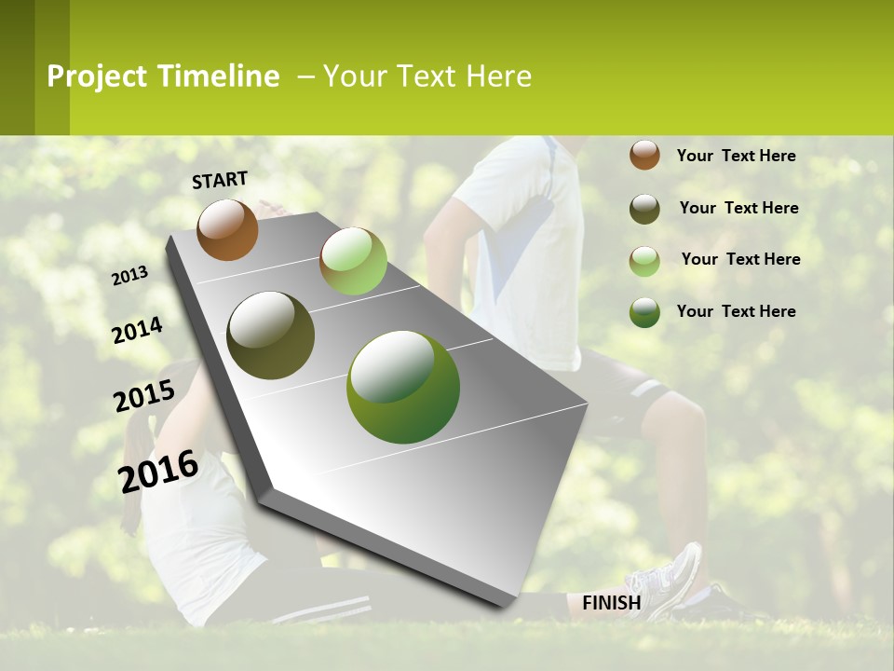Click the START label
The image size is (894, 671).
pyautogui.click(x=220, y=180)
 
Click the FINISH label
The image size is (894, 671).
pyautogui.click(x=611, y=603)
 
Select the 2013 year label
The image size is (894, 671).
pyautogui.click(x=130, y=275)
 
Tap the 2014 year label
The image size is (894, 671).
pyautogui.click(x=138, y=330)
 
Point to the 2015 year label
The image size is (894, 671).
pyautogui.click(x=144, y=396)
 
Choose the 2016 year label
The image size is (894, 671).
pyautogui.click(x=158, y=471)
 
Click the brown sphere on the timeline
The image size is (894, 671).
pyautogui.click(x=227, y=229)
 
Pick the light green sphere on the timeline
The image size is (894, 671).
pyautogui.click(x=353, y=261)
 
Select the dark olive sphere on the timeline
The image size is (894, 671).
pyautogui.click(x=270, y=335)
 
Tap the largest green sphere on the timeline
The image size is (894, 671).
pyautogui.click(x=403, y=387)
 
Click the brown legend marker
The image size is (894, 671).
pyautogui.click(x=644, y=155)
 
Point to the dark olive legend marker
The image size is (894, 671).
pyautogui.click(x=644, y=209)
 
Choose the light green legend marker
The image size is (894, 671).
pyautogui.click(x=644, y=261)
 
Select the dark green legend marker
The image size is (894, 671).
pyautogui.click(x=644, y=312)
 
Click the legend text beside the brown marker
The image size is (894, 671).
pyautogui.click(x=736, y=156)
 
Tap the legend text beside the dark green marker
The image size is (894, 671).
pyautogui.click(x=736, y=311)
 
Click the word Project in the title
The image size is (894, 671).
pyautogui.click(x=97, y=76)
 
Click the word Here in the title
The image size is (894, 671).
pyautogui.click(x=498, y=76)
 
